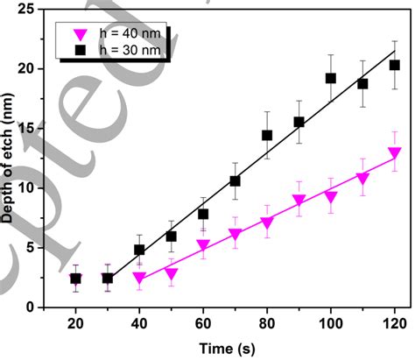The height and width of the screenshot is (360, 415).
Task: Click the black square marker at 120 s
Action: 394,65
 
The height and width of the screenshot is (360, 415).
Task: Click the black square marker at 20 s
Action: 75,279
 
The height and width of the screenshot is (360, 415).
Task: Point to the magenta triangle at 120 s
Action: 394,153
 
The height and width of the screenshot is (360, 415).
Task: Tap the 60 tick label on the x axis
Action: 203,324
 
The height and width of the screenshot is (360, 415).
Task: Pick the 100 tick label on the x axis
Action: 330,324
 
